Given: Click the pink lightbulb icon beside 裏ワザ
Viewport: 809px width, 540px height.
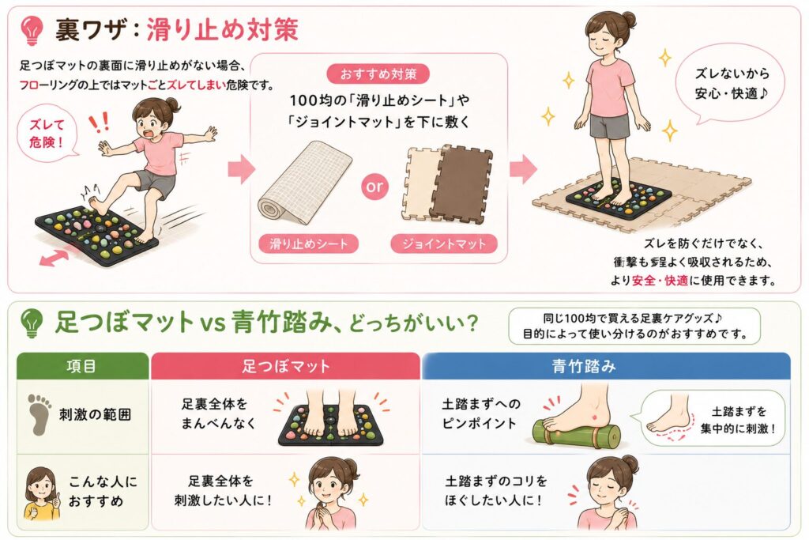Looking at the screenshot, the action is tap(32, 29).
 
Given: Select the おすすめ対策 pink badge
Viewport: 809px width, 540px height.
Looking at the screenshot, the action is tap(378, 74).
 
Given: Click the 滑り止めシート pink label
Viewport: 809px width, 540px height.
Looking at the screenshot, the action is tap(309, 244).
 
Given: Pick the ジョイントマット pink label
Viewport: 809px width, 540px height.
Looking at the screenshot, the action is tap(444, 244).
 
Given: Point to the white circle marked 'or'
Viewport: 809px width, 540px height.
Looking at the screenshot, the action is tap(374, 187).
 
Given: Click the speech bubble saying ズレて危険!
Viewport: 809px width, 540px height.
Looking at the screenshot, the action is tap(47, 133).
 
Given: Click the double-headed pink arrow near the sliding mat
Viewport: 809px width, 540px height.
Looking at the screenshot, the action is tap(54, 257).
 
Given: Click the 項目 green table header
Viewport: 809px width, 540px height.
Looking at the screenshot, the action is tap(82, 366).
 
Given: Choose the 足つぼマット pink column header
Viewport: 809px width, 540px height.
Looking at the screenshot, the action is tap(285, 366).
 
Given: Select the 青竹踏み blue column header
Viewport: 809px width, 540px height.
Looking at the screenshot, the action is tap(606, 366).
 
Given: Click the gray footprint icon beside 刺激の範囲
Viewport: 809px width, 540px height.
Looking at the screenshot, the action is tap(40, 414).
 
